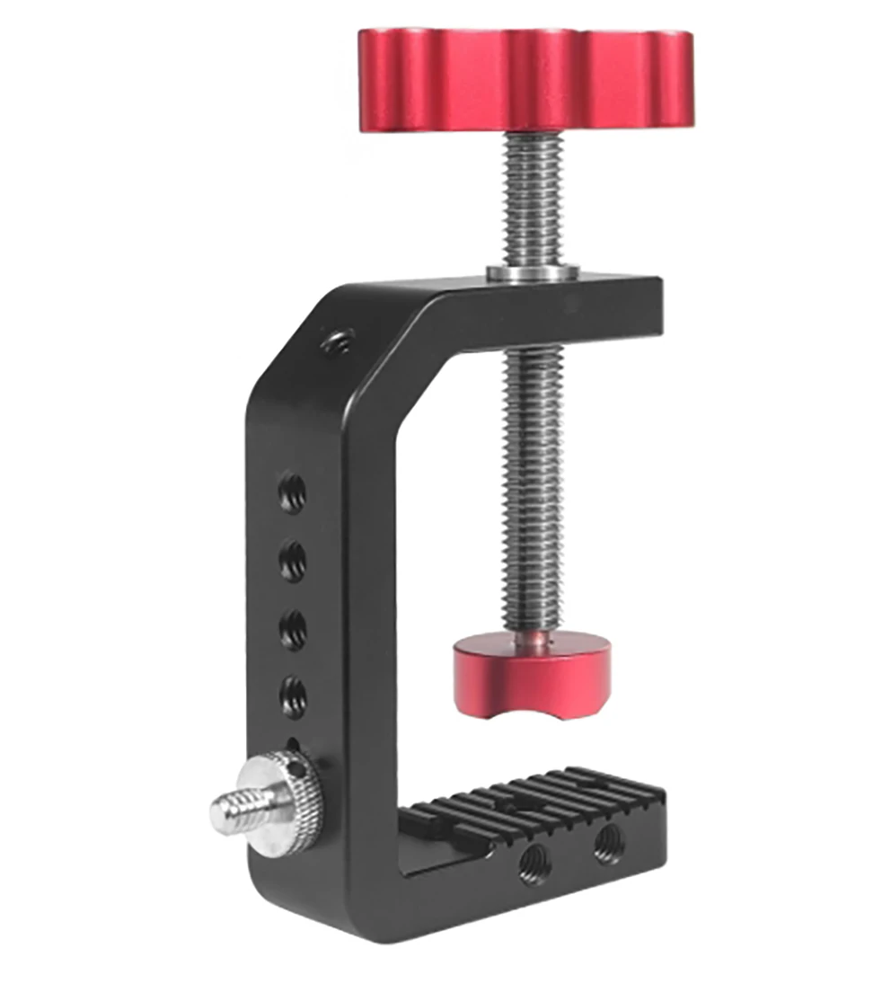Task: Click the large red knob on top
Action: click(x=528, y=79)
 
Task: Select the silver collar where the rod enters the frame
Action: click(x=533, y=271)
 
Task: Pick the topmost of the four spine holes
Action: click(x=292, y=492)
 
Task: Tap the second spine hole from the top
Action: click(x=292, y=562)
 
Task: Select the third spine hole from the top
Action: click(x=292, y=628)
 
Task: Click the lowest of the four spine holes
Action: click(x=293, y=694)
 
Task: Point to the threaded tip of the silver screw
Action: click(x=230, y=810)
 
